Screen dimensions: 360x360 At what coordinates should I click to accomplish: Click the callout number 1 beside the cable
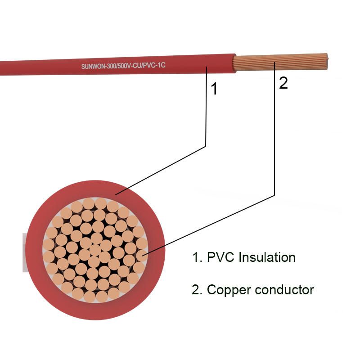click(x=214, y=89)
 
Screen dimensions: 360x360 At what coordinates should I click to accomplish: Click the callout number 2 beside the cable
click(x=283, y=83)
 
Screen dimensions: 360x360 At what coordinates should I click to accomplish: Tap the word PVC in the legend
click(x=220, y=257)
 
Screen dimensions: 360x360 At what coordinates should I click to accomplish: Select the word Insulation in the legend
click(x=267, y=257)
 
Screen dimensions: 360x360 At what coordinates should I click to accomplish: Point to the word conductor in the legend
click(x=284, y=289)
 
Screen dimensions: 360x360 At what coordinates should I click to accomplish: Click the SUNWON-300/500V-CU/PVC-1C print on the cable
click(x=123, y=66)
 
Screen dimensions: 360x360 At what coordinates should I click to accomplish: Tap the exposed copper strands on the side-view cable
click(x=280, y=62)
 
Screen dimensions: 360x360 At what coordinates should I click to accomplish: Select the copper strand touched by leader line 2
click(x=142, y=256)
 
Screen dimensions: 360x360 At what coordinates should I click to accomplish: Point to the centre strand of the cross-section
click(x=95, y=250)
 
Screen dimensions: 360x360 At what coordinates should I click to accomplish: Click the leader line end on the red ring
click(x=116, y=195)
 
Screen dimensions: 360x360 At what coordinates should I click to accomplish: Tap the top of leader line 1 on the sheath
click(x=207, y=67)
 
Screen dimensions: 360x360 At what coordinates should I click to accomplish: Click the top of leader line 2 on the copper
click(x=274, y=62)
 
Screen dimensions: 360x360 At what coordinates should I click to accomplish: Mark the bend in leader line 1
click(x=206, y=146)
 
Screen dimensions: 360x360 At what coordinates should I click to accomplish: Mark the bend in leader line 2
click(x=274, y=196)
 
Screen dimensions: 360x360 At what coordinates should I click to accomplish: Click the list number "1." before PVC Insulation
click(x=197, y=257)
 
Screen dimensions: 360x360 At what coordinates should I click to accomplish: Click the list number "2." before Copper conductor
click(x=197, y=290)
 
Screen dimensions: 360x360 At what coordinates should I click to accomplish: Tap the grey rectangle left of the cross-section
click(x=25, y=252)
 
